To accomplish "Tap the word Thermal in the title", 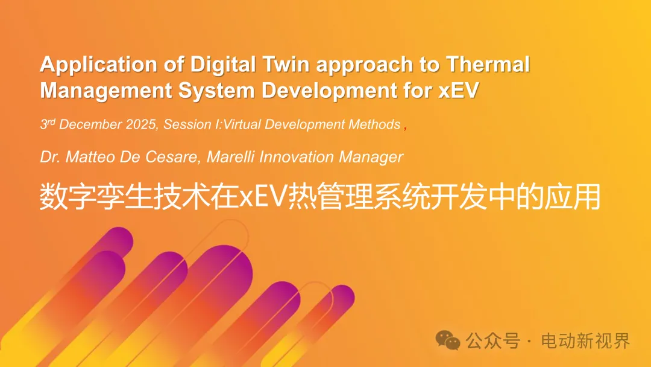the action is pos(488,65).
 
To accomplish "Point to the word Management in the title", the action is pos(106,91).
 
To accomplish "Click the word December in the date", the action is pos(90,124).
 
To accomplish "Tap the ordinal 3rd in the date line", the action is pos(48,124).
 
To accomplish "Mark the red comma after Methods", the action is pos(405,128).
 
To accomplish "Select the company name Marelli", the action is pos(231,157).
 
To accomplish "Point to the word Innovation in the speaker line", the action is pos(297,157).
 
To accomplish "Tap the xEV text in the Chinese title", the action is pos(263,197).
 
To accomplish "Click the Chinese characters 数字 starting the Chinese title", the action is pos(68,197).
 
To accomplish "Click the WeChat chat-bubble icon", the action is pos(447,340).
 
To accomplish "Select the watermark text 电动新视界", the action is pos(585,341).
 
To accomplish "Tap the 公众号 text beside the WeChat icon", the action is pos(493,341).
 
